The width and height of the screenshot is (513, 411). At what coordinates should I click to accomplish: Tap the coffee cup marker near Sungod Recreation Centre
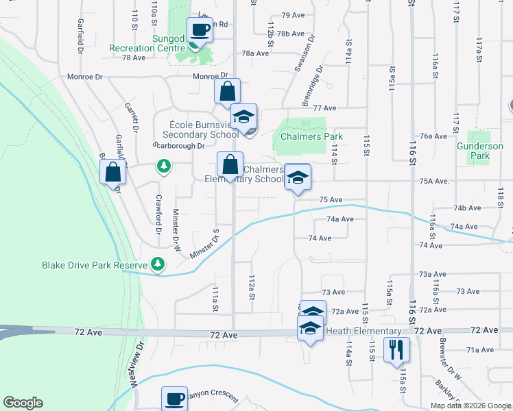tap(200, 29)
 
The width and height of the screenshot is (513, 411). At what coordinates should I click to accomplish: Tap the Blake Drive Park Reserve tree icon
tap(158, 264)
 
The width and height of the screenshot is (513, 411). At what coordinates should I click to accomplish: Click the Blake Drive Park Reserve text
tap(95, 265)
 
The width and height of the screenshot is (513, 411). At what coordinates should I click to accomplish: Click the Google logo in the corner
tap(23, 403)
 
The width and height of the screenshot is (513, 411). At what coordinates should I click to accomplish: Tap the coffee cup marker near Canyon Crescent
tap(174, 399)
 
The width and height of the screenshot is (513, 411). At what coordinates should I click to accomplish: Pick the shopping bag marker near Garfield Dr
tap(114, 173)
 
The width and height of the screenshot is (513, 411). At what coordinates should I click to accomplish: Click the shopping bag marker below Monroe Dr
tap(227, 91)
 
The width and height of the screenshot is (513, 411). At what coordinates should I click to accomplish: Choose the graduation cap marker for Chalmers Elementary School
tap(297, 177)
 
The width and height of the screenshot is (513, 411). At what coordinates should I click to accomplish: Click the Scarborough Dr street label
tap(179, 146)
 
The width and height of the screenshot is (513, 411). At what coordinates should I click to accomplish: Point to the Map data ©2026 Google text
tap(470, 406)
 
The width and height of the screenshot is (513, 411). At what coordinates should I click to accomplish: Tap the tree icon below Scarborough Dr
tap(163, 166)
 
